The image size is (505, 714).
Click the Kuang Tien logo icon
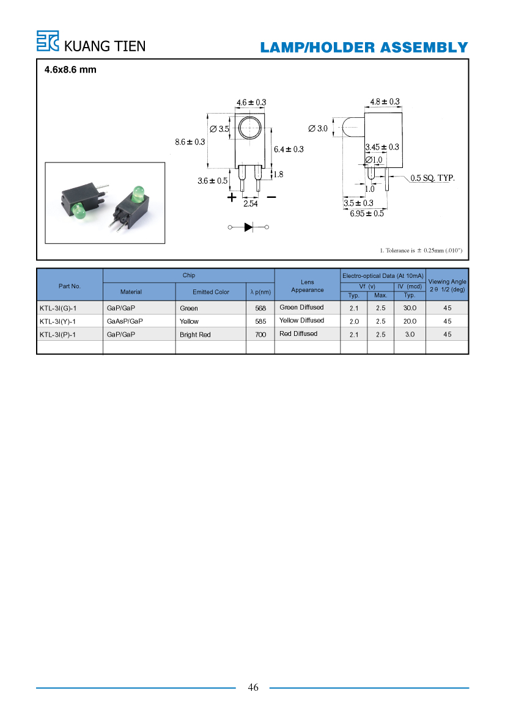point(48,41)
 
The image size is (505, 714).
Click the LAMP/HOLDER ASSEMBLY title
point(364,48)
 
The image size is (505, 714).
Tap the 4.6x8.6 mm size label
point(70,70)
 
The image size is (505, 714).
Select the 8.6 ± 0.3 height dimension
point(190,142)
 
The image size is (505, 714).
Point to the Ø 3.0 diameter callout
point(318,128)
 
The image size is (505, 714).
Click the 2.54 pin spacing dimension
point(250,203)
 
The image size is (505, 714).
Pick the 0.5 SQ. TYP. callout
point(432,178)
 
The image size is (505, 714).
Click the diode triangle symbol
point(249,227)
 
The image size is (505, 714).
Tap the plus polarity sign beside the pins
point(232,197)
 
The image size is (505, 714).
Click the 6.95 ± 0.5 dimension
point(367,214)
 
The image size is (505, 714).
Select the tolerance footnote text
point(421,250)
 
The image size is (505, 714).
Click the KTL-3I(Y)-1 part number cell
point(57,321)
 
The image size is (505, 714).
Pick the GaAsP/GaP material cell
point(125,321)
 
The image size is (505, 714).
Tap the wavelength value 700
point(260,335)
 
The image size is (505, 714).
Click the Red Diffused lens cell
point(298,333)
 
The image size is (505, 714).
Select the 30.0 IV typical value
point(410,308)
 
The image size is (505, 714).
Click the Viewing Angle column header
point(447,285)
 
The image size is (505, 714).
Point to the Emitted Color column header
point(210,292)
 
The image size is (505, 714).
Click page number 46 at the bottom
point(253,687)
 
